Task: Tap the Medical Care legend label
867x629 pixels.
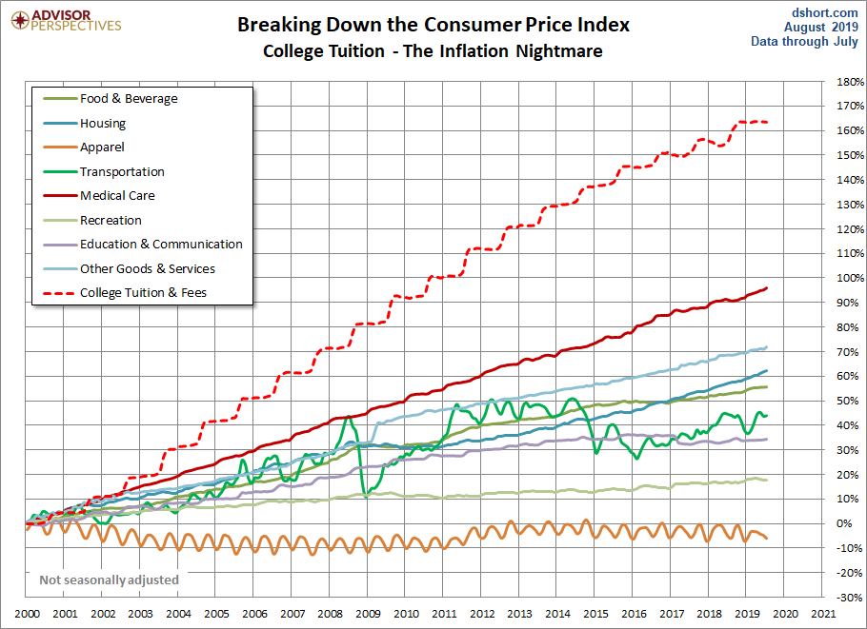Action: tap(117, 195)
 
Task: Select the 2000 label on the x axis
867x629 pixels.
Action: tap(27, 614)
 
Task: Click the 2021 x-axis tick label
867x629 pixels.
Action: tap(823, 614)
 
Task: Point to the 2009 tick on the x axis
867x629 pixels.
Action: tap(368, 614)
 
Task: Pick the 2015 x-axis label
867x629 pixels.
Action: tap(595, 614)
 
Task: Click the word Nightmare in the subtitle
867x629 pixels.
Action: tap(559, 51)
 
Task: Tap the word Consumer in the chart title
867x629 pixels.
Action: tap(473, 25)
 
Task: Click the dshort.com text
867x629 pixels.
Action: tap(824, 12)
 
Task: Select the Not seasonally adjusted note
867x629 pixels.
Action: tap(109, 580)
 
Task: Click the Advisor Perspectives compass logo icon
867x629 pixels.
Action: tap(20, 21)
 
